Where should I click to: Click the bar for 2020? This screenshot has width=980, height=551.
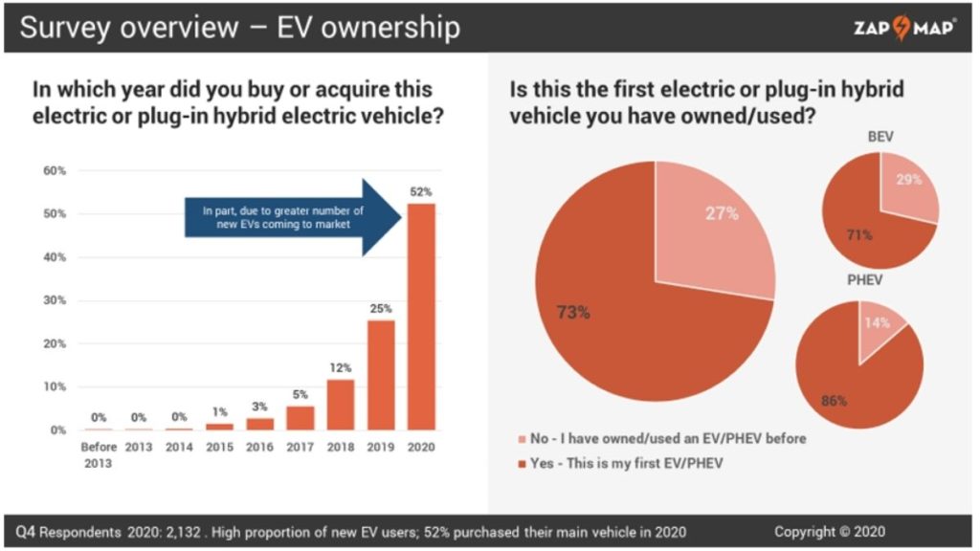click(x=421, y=317)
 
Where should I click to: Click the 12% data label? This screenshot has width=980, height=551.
click(x=342, y=368)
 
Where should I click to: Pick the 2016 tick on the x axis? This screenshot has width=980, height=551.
click(x=260, y=448)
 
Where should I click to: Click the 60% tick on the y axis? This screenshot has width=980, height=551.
click(x=53, y=171)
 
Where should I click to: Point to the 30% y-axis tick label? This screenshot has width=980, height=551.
click(x=53, y=300)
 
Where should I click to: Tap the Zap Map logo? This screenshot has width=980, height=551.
click(x=903, y=27)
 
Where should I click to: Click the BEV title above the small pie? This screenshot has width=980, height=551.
click(x=880, y=137)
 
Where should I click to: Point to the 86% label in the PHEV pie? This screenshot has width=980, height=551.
click(x=834, y=401)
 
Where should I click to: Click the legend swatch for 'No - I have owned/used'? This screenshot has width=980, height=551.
click(x=522, y=438)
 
